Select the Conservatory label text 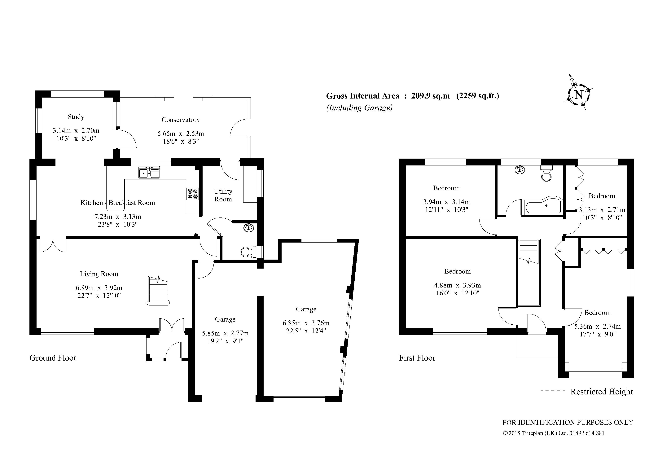coord(181,120)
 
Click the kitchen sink coord(149,173)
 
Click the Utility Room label coord(223,195)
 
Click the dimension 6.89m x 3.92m coord(99,288)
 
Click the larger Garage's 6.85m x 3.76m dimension coord(306,323)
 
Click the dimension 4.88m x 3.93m coord(457,285)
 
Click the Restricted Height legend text coord(601,392)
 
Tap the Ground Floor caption coord(53,358)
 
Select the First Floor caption coord(417,358)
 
